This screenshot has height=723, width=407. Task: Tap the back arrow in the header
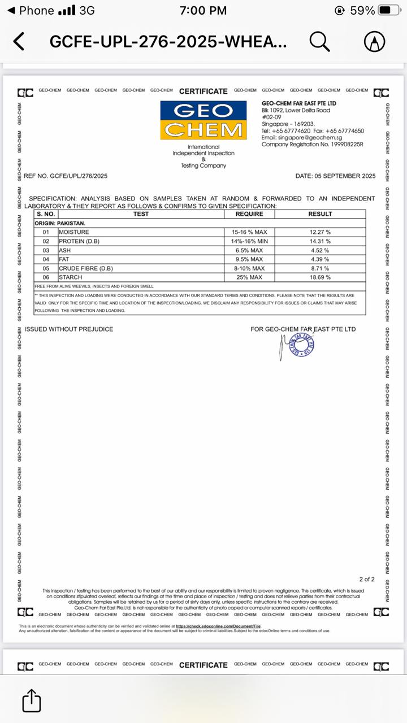(x=19, y=41)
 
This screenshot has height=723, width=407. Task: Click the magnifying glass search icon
(x=319, y=41)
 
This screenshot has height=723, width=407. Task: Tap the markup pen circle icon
(x=374, y=41)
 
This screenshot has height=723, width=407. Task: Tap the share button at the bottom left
(x=32, y=701)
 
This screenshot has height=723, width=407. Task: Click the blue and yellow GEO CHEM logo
(x=203, y=120)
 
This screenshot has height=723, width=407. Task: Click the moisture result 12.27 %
(x=320, y=232)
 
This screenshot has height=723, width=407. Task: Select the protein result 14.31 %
(x=320, y=241)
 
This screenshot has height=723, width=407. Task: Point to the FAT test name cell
(x=64, y=259)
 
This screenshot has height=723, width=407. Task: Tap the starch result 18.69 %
(x=320, y=277)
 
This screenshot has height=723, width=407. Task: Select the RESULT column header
(x=320, y=214)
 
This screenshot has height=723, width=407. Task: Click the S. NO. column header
(x=46, y=214)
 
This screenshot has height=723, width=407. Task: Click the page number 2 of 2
(x=367, y=580)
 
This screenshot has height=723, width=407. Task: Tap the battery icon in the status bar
(x=390, y=10)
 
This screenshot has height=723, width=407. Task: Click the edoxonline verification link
(x=218, y=626)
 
